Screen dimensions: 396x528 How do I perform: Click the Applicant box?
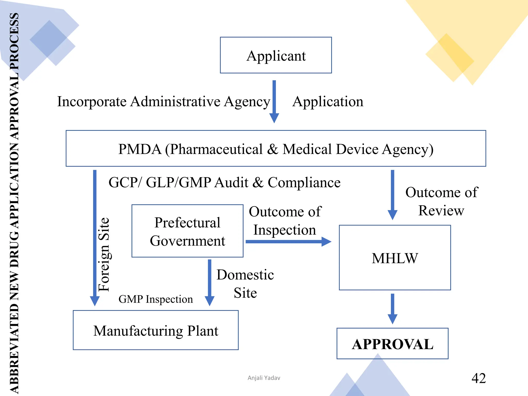pos(276,55)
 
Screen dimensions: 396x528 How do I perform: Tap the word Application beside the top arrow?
pos(328,101)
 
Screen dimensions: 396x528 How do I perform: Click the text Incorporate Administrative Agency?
pos(163,101)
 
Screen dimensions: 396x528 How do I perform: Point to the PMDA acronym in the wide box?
pos(140,149)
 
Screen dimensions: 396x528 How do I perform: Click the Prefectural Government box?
pos(187,231)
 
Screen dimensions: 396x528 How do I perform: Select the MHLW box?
pos(395,258)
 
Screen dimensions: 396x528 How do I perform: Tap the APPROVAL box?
pos(392,344)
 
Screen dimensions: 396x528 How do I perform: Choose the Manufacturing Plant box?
pos(156,330)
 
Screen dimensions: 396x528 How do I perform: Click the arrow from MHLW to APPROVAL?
pos(392,308)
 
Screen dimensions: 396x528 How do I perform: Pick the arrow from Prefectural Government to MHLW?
pos(288,242)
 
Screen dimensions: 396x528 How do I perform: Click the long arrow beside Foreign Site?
pos(95,237)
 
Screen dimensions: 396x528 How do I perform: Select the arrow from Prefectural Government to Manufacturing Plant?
pos(210,282)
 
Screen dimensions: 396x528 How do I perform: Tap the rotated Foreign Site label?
pos(104,254)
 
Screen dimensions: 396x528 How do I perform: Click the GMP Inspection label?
pos(155,299)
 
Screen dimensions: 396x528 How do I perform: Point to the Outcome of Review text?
pos(441,201)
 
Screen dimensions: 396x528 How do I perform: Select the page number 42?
pos(478,378)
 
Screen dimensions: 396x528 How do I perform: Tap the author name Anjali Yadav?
pos(264,378)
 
